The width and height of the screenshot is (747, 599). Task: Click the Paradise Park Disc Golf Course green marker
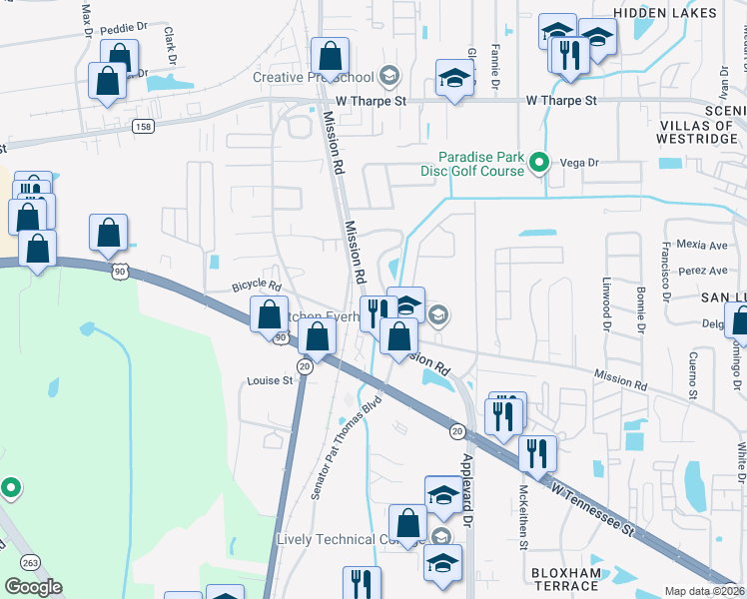(x=540, y=162)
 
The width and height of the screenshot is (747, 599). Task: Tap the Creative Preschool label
(x=313, y=78)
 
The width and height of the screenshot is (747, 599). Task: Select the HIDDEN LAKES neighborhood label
(x=664, y=13)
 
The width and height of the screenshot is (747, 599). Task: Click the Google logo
(x=33, y=587)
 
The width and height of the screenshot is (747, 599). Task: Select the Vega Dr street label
(x=579, y=162)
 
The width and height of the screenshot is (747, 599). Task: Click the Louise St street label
(x=270, y=380)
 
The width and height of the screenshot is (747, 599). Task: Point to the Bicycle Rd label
(x=257, y=287)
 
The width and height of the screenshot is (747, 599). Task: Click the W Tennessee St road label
(x=593, y=505)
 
